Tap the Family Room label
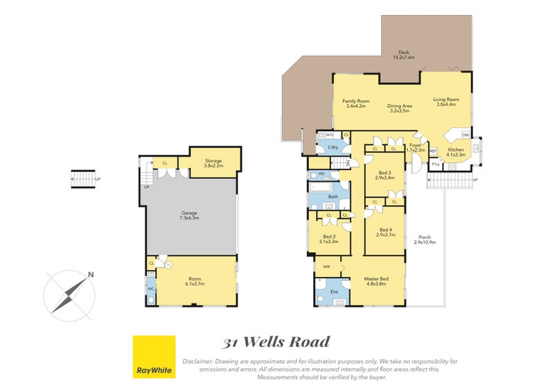[x=357, y=104]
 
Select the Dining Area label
[x=399, y=107]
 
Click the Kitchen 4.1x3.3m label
[x=456, y=153]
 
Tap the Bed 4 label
[x=386, y=232]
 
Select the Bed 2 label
[x=328, y=238]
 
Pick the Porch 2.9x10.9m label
[x=424, y=240]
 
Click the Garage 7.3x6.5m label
[x=189, y=215]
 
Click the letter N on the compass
[x=91, y=275]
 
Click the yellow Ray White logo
[x=153, y=357]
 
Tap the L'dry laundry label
[x=332, y=147]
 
